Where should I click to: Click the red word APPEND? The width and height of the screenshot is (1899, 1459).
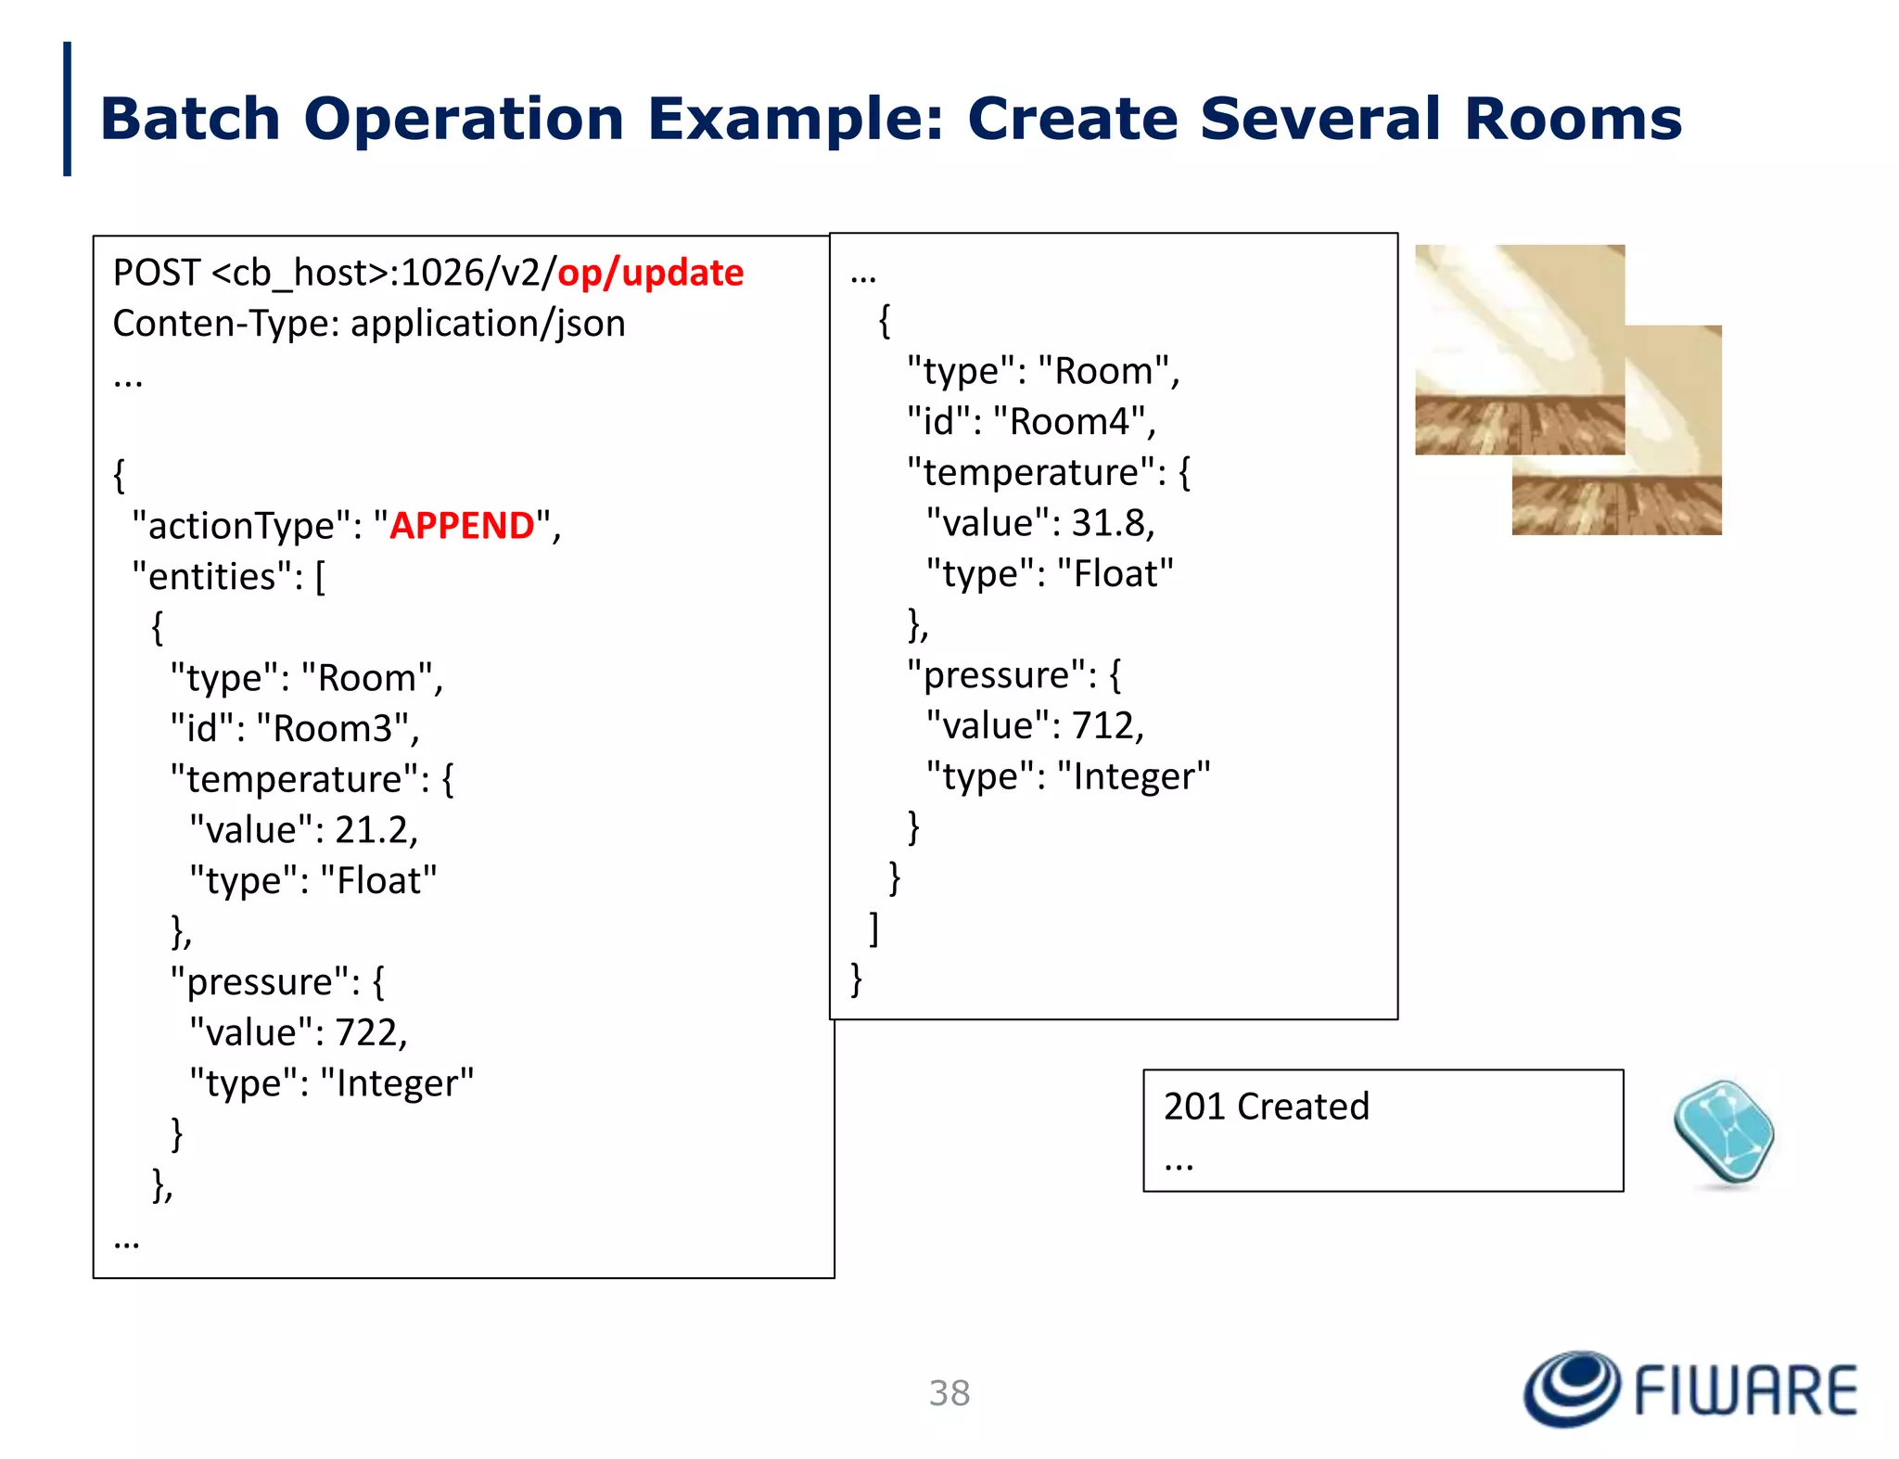tap(462, 526)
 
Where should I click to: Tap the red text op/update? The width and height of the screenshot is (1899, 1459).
tap(650, 273)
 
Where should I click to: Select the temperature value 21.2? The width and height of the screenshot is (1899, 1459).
tap(374, 830)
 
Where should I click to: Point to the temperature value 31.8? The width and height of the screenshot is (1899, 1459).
tap(1110, 523)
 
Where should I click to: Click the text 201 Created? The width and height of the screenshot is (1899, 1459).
tap(1266, 1107)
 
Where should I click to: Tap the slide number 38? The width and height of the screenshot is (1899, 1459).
tap(949, 1393)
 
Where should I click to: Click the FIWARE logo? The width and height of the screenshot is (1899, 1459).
tap(1690, 1389)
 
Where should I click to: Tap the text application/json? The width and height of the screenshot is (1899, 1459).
tap(488, 324)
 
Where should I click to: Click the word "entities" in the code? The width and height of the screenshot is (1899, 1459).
tap(211, 577)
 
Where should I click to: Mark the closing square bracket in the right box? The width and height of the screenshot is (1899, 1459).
tap(873, 928)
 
